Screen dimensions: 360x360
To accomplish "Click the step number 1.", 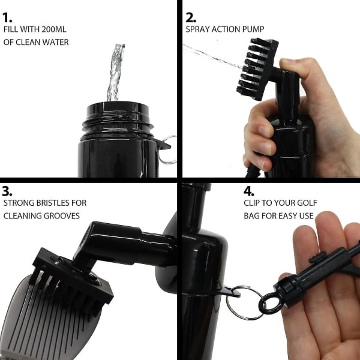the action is tap(7, 17).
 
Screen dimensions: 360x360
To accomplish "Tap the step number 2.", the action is tap(191, 17).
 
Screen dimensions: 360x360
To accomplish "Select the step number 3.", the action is tap(7, 191).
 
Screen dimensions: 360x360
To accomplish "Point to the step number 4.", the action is tap(249, 191).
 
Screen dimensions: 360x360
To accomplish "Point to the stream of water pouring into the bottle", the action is tap(115, 73).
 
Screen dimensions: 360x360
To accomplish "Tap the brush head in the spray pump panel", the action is tap(257, 68).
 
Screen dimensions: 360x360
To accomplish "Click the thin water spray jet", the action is tap(212, 56).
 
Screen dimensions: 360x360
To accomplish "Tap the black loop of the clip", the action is tap(271, 304).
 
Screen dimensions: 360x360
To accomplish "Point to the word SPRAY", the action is tap(197, 29).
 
